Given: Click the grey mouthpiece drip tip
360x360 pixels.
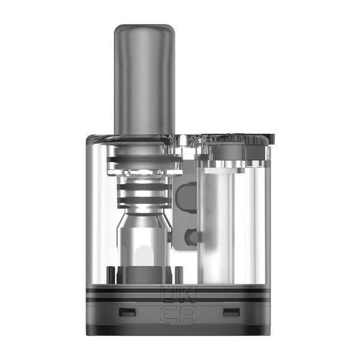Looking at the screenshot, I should click(x=143, y=78).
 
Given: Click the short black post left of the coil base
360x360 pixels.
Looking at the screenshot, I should click(x=112, y=275).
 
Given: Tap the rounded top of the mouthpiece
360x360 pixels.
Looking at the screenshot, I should click(x=143, y=30).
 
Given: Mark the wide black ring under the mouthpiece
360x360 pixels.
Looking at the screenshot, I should click(x=143, y=155).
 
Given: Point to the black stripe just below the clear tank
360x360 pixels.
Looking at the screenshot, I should click(x=180, y=287).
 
